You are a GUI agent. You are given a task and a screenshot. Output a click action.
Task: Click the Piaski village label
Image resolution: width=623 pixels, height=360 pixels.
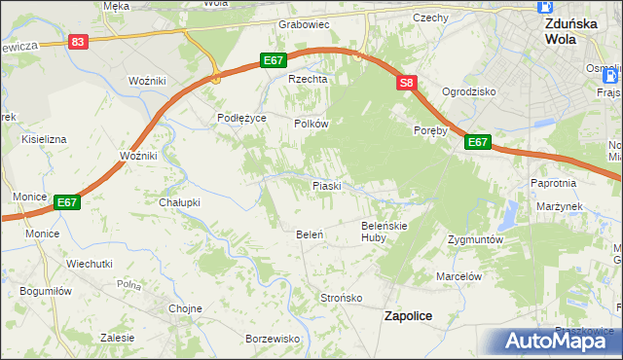325,185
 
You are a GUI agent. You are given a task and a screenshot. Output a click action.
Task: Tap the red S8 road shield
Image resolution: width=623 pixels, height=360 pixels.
407,85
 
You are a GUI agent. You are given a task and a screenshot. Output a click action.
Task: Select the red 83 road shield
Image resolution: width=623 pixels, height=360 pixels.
79,42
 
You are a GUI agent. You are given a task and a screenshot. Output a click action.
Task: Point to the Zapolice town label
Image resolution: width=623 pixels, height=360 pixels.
409,316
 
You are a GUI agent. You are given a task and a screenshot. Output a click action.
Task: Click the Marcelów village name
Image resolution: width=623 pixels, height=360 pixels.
459,276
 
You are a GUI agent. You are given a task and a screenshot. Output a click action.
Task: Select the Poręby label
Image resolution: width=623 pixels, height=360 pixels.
429,130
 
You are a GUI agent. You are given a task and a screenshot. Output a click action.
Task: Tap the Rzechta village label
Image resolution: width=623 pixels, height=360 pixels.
305,80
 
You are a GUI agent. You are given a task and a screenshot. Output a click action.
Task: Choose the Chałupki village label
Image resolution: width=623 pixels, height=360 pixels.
179,202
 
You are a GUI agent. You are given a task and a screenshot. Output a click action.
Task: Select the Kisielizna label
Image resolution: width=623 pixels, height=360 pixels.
45,139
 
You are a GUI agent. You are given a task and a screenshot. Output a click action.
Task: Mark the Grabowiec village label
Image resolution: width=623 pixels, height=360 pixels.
305,24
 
